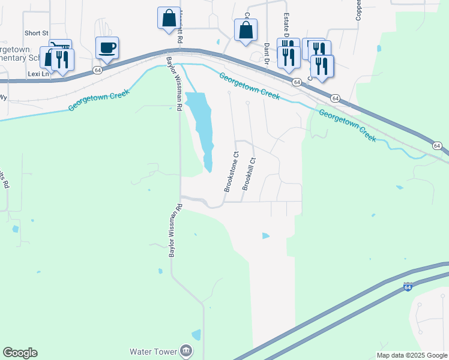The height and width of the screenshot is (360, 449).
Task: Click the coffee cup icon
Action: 107,47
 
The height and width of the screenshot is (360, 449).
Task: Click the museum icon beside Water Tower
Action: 186,350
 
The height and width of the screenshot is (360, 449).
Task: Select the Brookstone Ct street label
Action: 232,172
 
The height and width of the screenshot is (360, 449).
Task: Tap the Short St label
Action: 35,33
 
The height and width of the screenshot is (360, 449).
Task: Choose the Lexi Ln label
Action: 37,73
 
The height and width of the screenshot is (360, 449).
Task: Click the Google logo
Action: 20,353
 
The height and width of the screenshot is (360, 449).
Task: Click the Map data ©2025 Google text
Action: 412,355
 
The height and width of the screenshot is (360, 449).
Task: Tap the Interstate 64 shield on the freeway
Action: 408,287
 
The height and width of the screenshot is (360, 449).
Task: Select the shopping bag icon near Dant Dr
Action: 246,30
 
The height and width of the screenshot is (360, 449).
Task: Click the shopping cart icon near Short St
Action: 61,47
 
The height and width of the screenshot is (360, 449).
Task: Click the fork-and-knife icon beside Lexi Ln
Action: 62,59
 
